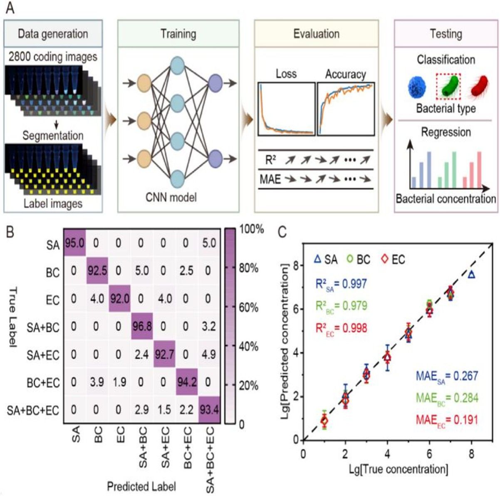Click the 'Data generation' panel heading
tap(53, 34)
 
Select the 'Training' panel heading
tap(178, 34)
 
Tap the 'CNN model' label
tap(171, 196)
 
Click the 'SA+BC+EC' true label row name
tap(33, 410)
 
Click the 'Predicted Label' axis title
tap(141, 486)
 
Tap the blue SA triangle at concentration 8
tap(471, 274)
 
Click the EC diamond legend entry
tap(392, 260)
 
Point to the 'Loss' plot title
tap(286, 74)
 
